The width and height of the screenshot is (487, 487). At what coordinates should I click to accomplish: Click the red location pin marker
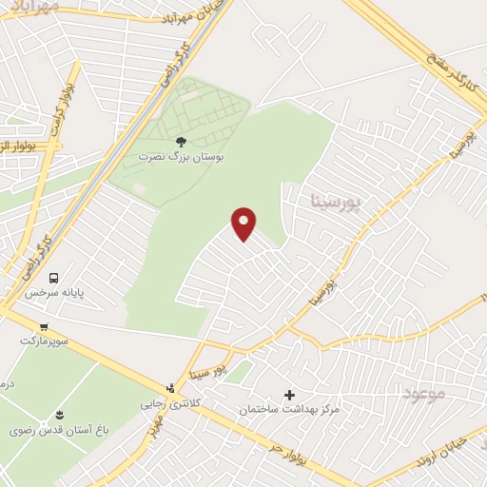[x=244, y=224]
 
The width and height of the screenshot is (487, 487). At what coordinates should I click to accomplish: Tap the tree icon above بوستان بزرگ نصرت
[x=182, y=141]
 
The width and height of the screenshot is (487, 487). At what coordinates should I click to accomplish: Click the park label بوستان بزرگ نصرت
[x=183, y=154]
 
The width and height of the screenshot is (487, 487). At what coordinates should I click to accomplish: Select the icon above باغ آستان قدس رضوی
[x=59, y=414]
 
